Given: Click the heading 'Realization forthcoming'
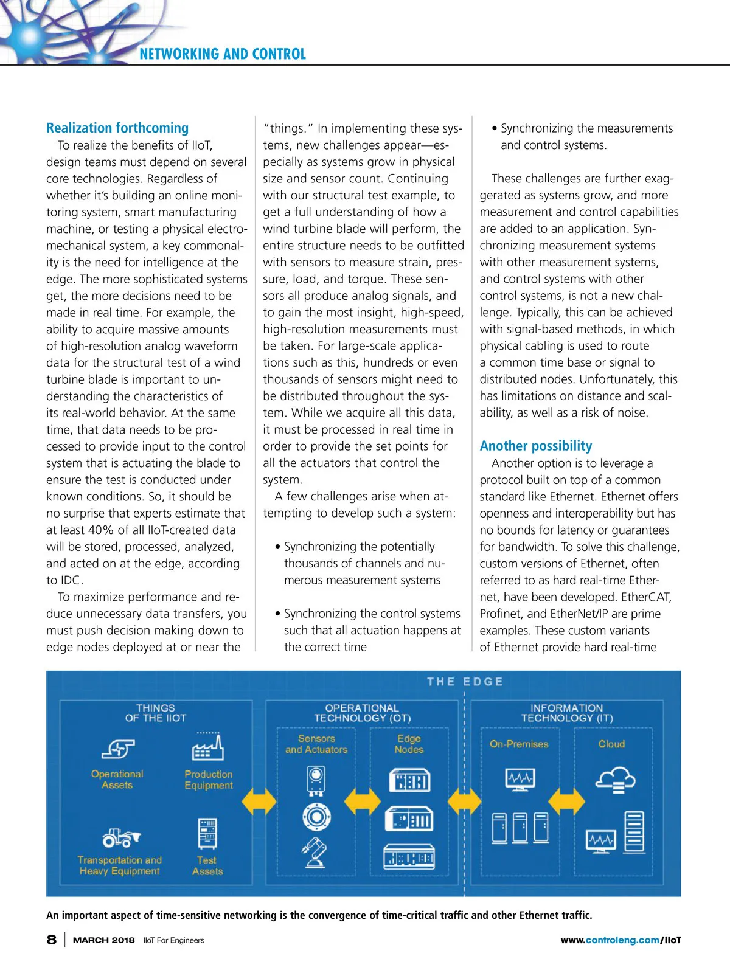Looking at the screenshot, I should click(x=117, y=128).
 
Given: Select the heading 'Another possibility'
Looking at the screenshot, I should click(x=535, y=446).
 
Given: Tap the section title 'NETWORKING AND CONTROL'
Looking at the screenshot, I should click(x=223, y=54).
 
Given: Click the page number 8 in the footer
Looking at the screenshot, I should click(x=52, y=940).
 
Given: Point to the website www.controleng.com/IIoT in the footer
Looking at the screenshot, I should click(x=620, y=940).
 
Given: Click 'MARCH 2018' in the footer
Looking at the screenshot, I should click(x=103, y=940).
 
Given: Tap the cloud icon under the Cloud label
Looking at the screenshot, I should click(x=615, y=779).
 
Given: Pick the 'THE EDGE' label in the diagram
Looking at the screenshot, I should click(x=465, y=682).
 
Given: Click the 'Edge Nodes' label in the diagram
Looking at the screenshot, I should click(x=409, y=744).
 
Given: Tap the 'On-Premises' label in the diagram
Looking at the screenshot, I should click(x=519, y=744).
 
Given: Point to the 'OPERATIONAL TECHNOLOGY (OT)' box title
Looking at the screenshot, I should click(x=362, y=713).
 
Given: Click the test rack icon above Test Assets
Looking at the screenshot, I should click(x=207, y=833).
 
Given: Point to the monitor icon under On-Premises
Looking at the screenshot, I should click(x=520, y=779).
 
